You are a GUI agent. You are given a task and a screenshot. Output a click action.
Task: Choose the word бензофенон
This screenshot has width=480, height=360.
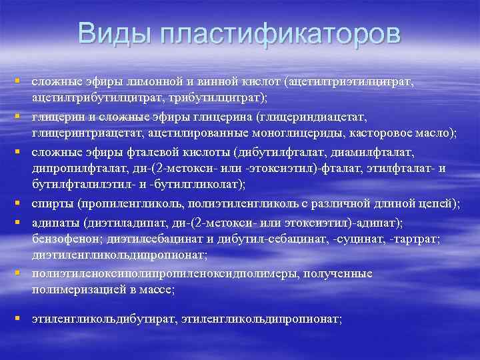pyautogui.click(x=62, y=238)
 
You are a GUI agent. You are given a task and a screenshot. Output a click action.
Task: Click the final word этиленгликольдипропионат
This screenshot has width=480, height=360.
pyautogui.click(x=261, y=319)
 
